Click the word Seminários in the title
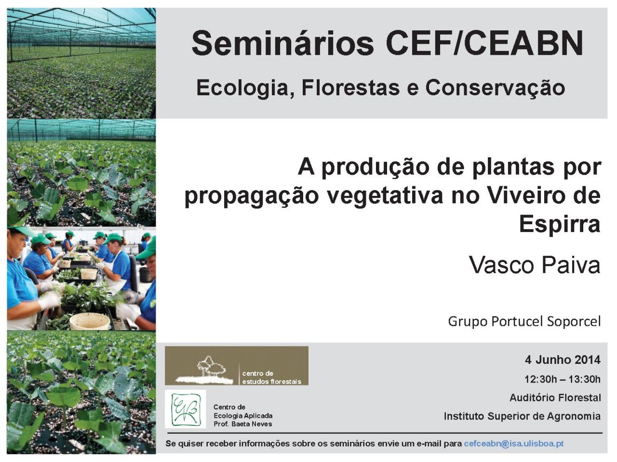[283, 44]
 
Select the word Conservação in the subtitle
[495, 89]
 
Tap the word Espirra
[559, 224]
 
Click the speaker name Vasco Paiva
[535, 265]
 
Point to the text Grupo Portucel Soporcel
[524, 321]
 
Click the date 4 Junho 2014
[563, 360]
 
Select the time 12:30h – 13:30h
[563, 379]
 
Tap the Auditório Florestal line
[555, 398]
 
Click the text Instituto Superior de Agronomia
[522, 416]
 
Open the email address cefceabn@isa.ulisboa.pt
[514, 444]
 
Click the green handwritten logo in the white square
[185, 409]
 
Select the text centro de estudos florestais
[271, 377]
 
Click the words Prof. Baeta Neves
[242, 424]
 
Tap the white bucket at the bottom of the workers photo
[89, 321]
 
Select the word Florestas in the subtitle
[350, 88]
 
